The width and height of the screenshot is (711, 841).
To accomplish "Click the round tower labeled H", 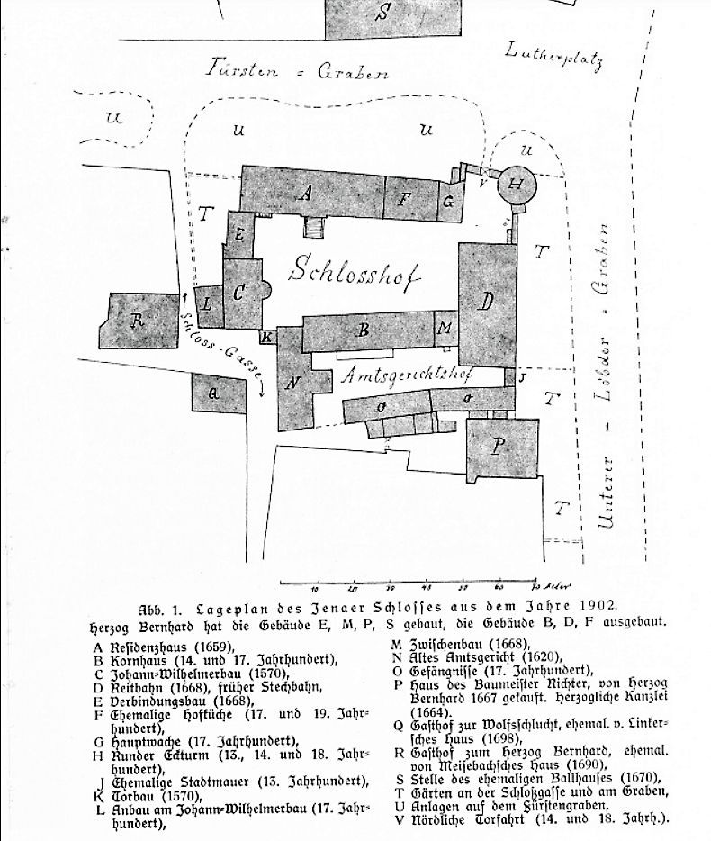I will (516, 184).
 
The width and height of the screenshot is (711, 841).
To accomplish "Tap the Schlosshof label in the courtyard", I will (355, 271).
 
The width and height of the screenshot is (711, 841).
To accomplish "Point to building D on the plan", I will (485, 302).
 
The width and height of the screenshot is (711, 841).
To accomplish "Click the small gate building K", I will (267, 337).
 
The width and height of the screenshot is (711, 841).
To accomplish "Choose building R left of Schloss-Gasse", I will (138, 321).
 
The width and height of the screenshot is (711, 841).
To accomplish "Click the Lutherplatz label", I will (553, 55).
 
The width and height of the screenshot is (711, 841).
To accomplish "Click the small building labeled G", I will (448, 203).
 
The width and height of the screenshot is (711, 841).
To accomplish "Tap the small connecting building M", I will (445, 328).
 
